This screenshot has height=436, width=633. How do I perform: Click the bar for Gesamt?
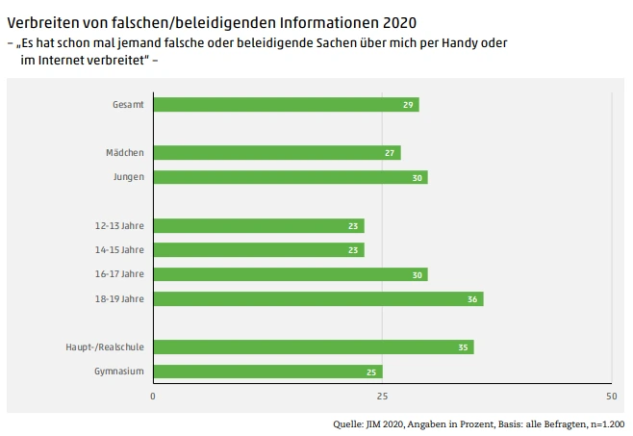click(x=286, y=104)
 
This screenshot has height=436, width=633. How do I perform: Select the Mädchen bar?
click(x=277, y=152)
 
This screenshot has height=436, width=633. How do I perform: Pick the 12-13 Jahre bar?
click(x=258, y=226)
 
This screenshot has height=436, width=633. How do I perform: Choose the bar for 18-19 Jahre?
click(x=317, y=298)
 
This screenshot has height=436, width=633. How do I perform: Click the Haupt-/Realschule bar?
click(x=313, y=346)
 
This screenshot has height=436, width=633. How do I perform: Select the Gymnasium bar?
click(x=267, y=372)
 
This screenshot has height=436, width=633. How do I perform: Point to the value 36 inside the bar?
click(x=472, y=298)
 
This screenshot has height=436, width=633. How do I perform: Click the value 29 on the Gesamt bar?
click(x=409, y=104)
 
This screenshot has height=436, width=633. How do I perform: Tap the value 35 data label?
click(x=464, y=346)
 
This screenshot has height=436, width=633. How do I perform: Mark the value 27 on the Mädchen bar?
click(x=391, y=152)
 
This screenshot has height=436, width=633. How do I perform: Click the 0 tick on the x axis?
click(x=153, y=397)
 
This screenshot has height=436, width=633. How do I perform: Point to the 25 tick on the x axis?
click(x=382, y=397)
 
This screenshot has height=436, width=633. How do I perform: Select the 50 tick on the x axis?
click(x=610, y=397)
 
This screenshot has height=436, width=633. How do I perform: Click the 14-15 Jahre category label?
click(x=119, y=250)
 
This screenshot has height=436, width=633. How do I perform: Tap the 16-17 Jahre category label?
click(x=119, y=274)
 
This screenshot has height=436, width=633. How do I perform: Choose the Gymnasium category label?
click(x=119, y=372)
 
